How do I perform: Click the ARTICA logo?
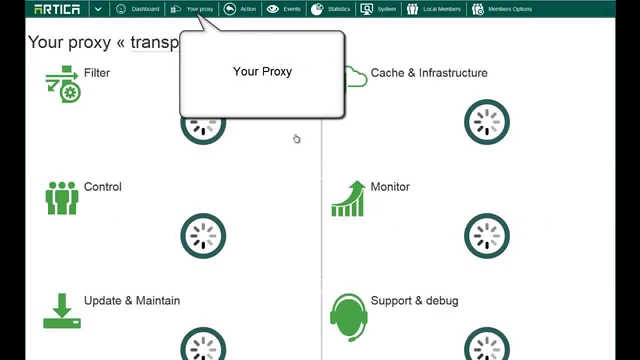(x=56, y=9)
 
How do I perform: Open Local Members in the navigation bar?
(x=434, y=9)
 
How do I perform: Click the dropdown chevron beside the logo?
(x=98, y=9)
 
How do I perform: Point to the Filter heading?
(x=96, y=73)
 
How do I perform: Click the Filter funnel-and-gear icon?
(x=62, y=83)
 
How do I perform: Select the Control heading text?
(x=102, y=187)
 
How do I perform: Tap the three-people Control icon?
(x=62, y=198)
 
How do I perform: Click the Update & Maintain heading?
(x=132, y=301)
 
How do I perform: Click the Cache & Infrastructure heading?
(x=429, y=73)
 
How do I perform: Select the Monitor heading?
(x=390, y=187)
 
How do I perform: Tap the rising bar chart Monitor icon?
(x=349, y=199)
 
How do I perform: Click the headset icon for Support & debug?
(x=349, y=316)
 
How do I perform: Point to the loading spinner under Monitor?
(x=486, y=236)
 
